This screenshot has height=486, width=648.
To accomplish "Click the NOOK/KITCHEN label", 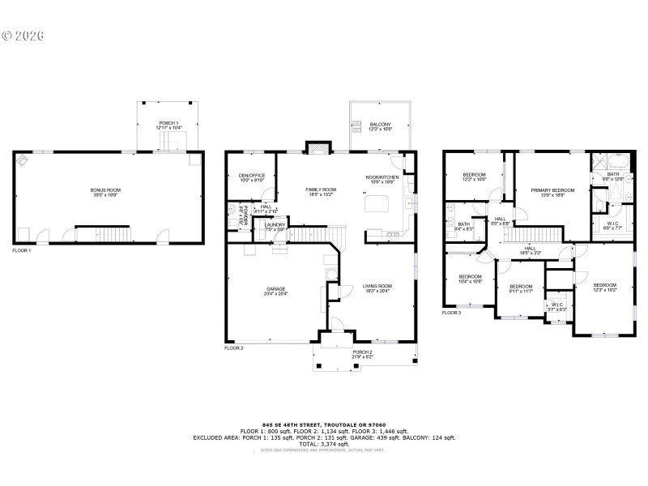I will tap(382, 177).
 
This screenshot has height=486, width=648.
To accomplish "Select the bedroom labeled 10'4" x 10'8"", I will tap(470, 279).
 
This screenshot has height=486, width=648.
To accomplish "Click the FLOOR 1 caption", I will tap(23, 250).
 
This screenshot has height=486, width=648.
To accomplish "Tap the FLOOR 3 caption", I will tap(451, 312).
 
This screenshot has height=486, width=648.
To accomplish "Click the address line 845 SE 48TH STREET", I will tap(324, 424).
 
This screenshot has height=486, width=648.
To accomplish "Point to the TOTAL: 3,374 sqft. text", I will tap(324, 444).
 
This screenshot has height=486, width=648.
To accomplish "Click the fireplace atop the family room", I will tap(318, 147).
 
